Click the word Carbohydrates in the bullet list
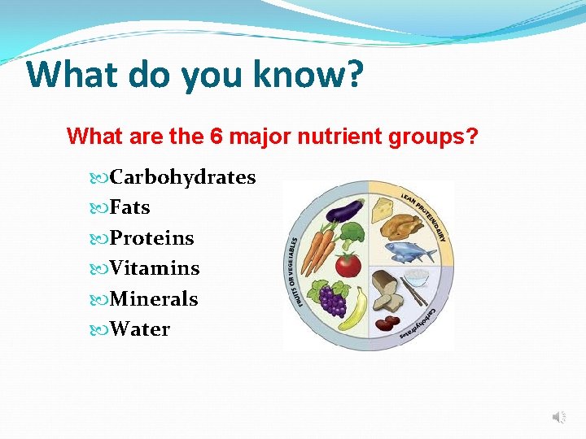(x=182, y=177)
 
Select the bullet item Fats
(x=129, y=207)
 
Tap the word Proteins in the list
(x=151, y=238)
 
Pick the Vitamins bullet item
(x=155, y=268)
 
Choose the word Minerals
(x=154, y=299)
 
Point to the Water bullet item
(x=140, y=329)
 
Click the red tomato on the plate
(x=348, y=265)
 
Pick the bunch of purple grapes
(x=332, y=298)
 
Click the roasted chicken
(x=405, y=222)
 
